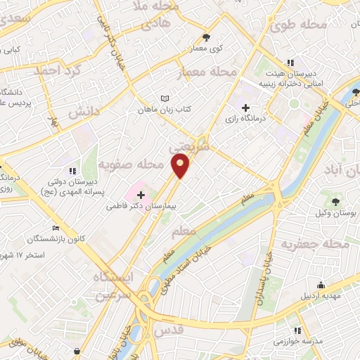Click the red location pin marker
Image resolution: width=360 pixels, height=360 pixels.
[181, 167]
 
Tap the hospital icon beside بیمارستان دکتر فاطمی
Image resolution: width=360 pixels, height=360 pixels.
[141, 194]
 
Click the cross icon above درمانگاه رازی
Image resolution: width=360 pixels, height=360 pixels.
[245, 108]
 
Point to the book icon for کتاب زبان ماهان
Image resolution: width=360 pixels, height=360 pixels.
[165, 99]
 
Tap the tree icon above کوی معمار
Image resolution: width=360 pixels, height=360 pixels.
[205, 38]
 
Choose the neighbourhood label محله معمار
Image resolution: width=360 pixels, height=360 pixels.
[214, 72]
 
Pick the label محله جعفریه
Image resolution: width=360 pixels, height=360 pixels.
[316, 244]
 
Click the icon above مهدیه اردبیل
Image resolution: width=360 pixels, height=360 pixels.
[321, 285]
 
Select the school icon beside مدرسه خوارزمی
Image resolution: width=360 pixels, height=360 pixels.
[298, 330]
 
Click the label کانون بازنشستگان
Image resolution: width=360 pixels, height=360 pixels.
[57, 238]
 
